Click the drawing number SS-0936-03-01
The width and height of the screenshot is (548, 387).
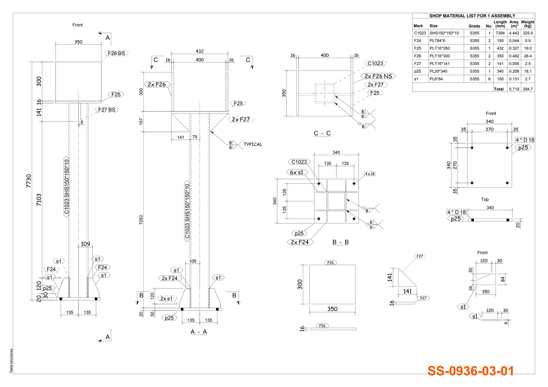pyautogui.click(x=470, y=371)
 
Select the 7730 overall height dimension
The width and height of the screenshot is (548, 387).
pyautogui.click(x=29, y=181)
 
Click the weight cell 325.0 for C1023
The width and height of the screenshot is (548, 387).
pyautogui.click(x=528, y=33)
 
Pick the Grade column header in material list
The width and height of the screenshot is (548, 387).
pyautogui.click(x=474, y=26)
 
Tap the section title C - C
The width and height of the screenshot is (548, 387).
pyautogui.click(x=322, y=133)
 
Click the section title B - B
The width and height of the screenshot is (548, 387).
pyautogui.click(x=340, y=242)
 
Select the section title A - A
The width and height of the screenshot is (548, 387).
pyautogui.click(x=199, y=332)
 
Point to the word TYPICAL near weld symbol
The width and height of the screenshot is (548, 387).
pyautogui.click(x=253, y=144)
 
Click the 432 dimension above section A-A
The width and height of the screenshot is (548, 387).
pyautogui.click(x=200, y=51)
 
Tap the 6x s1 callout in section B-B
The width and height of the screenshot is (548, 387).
pyautogui.click(x=297, y=172)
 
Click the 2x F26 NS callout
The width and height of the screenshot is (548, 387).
pyautogui.click(x=378, y=76)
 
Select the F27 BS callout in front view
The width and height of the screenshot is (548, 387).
pyautogui.click(x=106, y=110)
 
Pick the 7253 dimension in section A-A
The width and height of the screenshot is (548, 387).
pyautogui.click(x=141, y=220)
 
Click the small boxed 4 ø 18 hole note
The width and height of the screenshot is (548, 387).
pyautogui.click(x=370, y=174)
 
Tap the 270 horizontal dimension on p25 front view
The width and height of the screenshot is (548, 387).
pyautogui.click(x=489, y=129)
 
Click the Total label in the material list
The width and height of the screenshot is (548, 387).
pyautogui.click(x=498, y=89)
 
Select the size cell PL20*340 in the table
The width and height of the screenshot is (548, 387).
pyautogui.click(x=438, y=71)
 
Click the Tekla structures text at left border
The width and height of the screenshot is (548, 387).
pyautogui.click(x=11, y=361)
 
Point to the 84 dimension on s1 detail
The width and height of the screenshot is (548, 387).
pyautogui.click(x=503, y=279)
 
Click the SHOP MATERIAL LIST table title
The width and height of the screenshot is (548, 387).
pyautogui.click(x=472, y=16)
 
